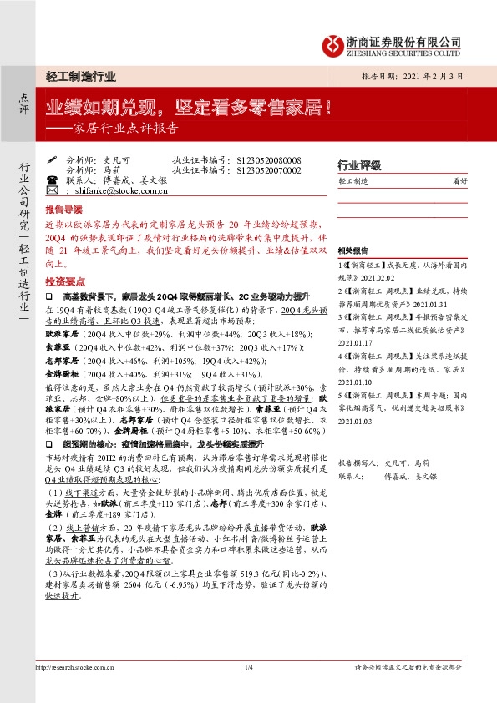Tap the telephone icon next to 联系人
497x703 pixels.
52,179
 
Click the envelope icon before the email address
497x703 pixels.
52,190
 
